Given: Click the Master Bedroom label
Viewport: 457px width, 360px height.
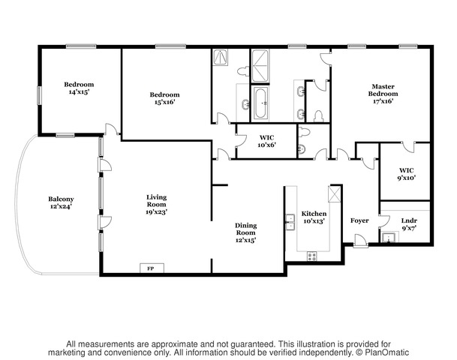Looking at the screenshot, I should coord(381,93).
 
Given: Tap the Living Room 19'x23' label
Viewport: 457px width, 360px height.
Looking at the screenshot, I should coord(156,204).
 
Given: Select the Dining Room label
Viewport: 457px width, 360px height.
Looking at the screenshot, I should coord(246,232).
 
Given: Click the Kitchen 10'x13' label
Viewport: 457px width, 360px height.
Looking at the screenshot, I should coord(314,217).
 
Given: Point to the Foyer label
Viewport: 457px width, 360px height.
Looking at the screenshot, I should coord(359,220).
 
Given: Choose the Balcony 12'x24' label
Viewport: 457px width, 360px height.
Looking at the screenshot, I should coord(61,202).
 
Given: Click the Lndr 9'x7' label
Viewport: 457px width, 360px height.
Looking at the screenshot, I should coord(408,223).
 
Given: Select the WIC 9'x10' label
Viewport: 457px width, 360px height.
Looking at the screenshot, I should coord(406,174).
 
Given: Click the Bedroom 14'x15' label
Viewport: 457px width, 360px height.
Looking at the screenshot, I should coord(80,88).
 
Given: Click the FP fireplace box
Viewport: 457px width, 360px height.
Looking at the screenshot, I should coord(150,268).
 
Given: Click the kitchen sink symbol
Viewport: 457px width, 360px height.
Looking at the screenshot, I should coord(290,222).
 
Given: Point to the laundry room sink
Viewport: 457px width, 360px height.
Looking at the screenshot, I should coord(389,238).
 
